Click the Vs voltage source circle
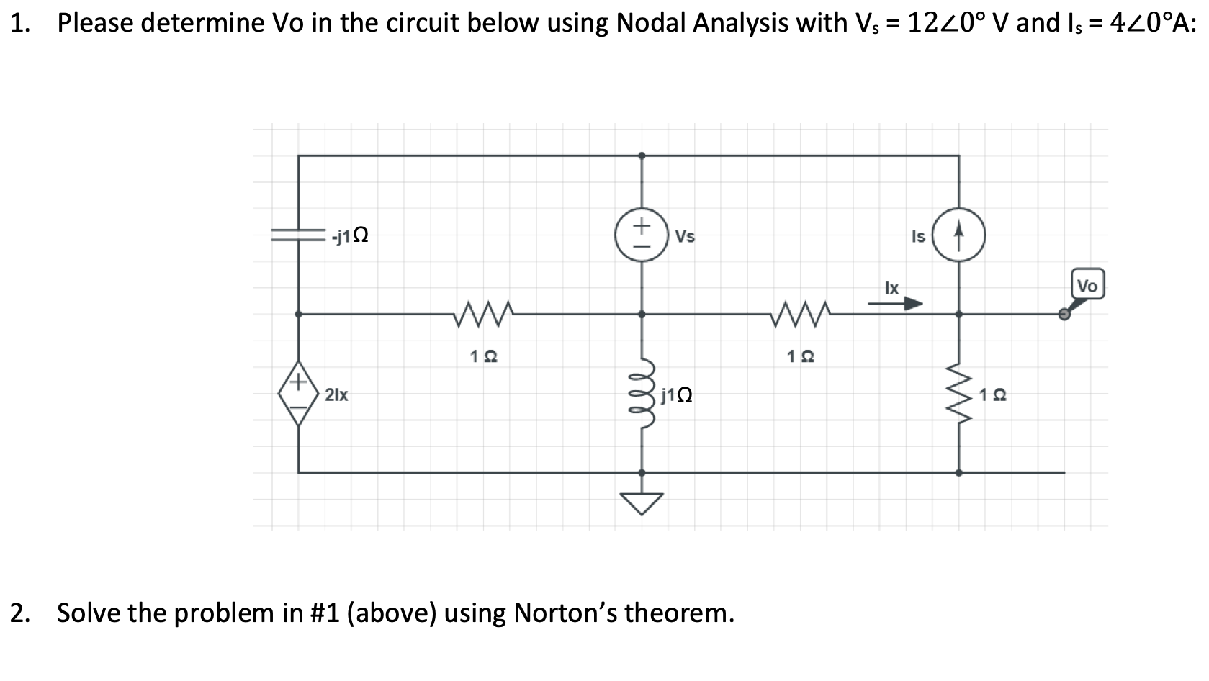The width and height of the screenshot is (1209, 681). pyautogui.click(x=642, y=235)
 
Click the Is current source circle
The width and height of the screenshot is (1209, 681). pyautogui.click(x=958, y=235)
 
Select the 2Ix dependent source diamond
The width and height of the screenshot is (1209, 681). pyautogui.click(x=298, y=394)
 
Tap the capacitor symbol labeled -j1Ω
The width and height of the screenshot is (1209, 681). pyautogui.click(x=298, y=235)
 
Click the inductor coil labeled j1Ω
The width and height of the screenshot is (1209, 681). pyautogui.click(x=641, y=394)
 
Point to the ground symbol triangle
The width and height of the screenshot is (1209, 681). pyautogui.click(x=642, y=503)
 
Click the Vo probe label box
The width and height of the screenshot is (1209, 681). pyautogui.click(x=1087, y=285)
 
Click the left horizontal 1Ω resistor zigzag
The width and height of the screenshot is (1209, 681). pyautogui.click(x=483, y=314)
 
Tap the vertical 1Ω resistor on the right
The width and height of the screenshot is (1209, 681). pyautogui.click(x=958, y=394)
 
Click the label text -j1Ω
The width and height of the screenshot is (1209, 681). pyautogui.click(x=351, y=235)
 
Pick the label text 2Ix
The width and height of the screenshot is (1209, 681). pyautogui.click(x=336, y=394)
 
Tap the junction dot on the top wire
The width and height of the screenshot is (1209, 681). pyautogui.click(x=642, y=155)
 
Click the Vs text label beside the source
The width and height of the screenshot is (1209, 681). pyautogui.click(x=686, y=236)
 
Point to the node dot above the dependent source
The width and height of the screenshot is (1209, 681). pyautogui.click(x=298, y=314)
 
